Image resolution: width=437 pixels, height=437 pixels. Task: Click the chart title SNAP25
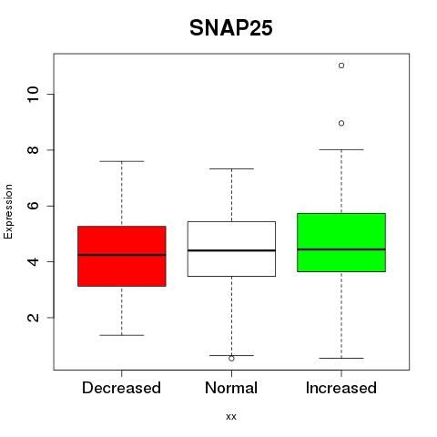231,28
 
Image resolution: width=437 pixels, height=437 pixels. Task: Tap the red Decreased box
122,256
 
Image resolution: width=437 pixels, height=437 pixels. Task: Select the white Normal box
231,249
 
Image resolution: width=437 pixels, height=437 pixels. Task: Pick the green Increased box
341,242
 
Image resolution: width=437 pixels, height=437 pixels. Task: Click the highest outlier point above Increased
341,66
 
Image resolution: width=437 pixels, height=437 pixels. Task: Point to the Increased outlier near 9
341,123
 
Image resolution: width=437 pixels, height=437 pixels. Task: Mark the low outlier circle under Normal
231,359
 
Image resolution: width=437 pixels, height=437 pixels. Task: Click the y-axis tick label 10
34,95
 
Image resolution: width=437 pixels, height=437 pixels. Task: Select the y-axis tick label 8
34,150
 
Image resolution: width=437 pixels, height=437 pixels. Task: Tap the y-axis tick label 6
34,206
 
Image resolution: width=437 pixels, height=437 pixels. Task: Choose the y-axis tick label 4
34,261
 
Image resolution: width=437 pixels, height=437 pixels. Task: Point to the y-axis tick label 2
34,318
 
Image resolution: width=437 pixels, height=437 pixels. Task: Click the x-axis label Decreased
121,388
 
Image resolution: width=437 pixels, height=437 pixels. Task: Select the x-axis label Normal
231,388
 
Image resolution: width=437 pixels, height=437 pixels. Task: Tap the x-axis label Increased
341,388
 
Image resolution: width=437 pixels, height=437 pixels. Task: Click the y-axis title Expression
8,211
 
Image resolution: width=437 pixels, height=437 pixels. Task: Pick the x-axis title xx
231,417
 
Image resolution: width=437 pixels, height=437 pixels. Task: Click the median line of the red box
122,255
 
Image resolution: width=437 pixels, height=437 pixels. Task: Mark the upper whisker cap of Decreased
122,161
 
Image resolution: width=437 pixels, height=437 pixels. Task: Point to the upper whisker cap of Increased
341,149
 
